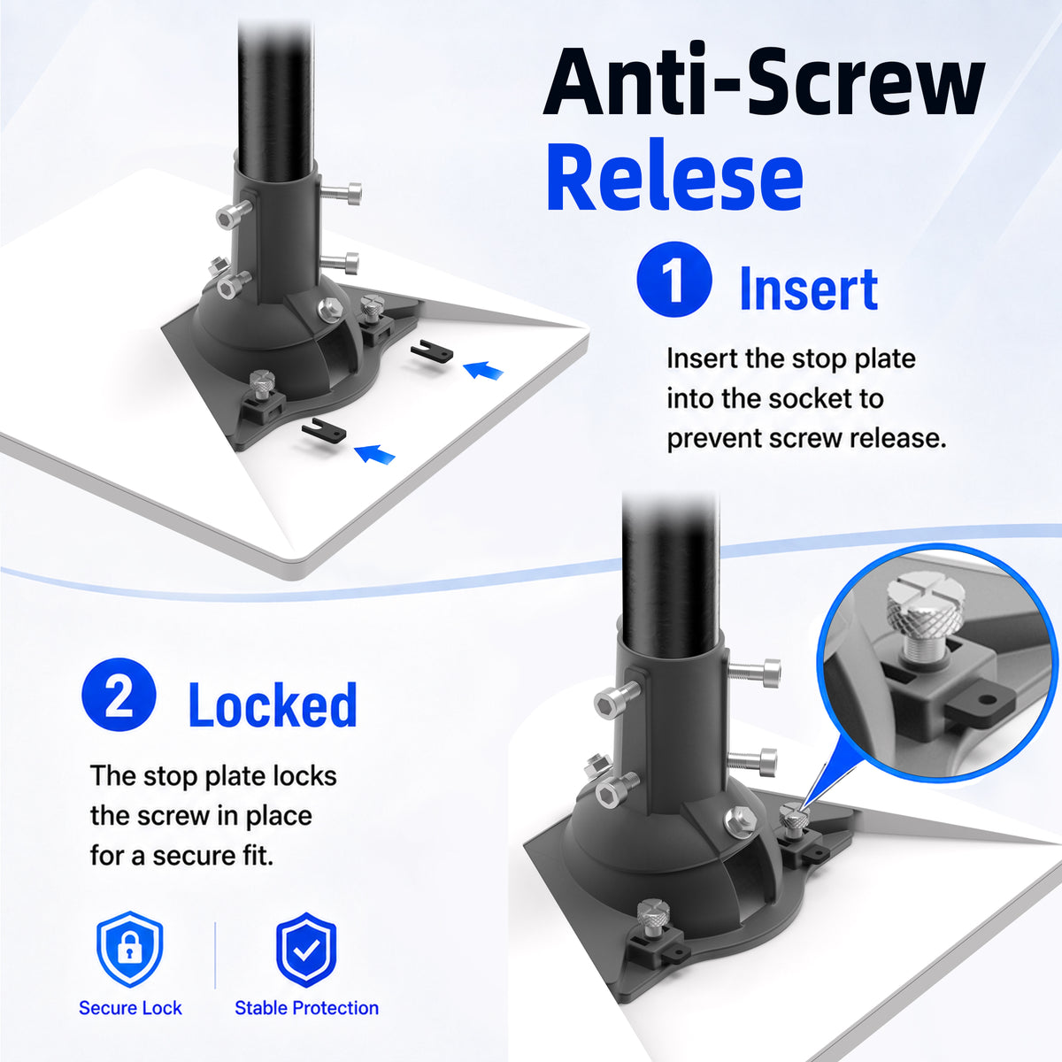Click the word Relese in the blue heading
click(674, 176)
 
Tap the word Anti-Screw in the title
click(764, 81)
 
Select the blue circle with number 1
click(674, 279)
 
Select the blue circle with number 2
click(119, 695)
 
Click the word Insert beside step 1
click(809, 289)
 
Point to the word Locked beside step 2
click(273, 704)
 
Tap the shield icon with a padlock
click(129, 949)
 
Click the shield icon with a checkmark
click(306, 949)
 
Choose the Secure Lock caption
click(130, 1008)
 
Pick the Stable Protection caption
click(306, 1008)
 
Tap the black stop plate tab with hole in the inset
click(976, 706)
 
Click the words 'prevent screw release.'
click(806, 439)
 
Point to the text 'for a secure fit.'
click(182, 856)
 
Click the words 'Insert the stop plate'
click(791, 359)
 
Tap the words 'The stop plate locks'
click(213, 776)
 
